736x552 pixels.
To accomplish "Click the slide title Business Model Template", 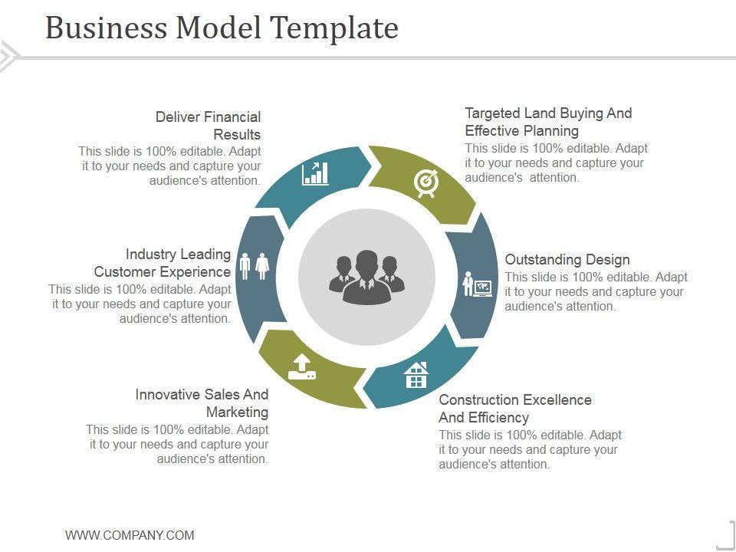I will [222, 28].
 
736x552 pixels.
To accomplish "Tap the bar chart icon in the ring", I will [315, 173].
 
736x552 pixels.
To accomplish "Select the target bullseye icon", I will [426, 182].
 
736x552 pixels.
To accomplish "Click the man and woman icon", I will [255, 266].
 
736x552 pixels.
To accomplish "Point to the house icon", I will [416, 375].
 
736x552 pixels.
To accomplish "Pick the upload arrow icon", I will [301, 366].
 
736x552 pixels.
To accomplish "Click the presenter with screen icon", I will [477, 284].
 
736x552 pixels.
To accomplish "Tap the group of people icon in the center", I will [366, 277].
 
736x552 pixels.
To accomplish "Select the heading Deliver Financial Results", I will [209, 126].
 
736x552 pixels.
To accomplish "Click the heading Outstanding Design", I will [567, 259].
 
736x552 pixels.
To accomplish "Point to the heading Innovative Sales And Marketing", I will [202, 403].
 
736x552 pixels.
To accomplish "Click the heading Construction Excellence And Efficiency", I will [514, 409].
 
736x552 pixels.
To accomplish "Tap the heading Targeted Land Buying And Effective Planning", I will [548, 122].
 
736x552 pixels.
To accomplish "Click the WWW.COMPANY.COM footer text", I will [130, 535].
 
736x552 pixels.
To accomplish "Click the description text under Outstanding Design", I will [596, 291].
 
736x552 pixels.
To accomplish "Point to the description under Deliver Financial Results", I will [170, 166].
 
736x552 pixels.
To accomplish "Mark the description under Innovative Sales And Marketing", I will [177, 445].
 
